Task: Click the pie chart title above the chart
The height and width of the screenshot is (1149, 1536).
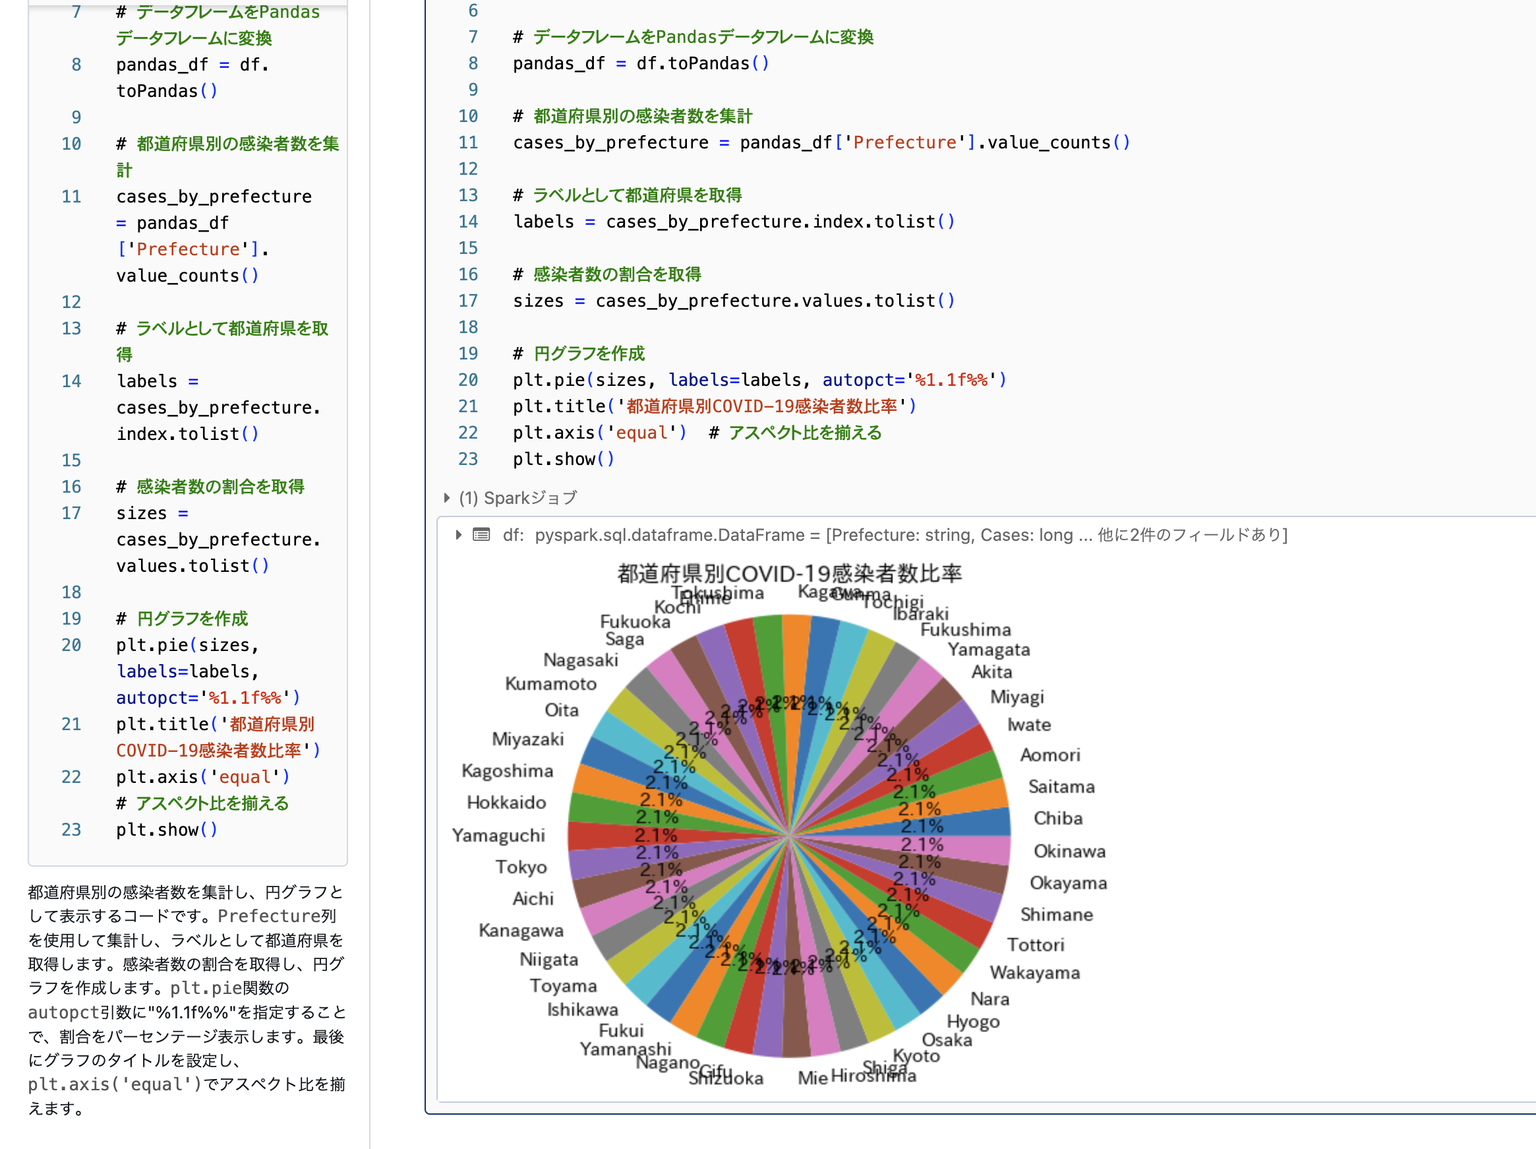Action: tap(790, 574)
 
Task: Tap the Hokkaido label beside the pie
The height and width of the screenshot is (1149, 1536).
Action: tap(506, 802)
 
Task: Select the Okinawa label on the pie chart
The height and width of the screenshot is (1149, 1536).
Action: tap(1069, 851)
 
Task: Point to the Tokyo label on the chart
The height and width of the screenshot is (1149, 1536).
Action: tap(521, 867)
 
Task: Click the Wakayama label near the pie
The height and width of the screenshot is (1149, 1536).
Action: tap(1034, 972)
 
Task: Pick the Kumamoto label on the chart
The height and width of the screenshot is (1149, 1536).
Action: tap(550, 683)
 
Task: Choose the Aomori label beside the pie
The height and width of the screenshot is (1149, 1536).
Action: tap(1050, 755)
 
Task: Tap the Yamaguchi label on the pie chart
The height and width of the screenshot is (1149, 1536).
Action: tap(498, 835)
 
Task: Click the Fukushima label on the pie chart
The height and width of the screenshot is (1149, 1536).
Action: tap(965, 629)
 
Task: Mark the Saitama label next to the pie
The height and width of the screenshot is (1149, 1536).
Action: tap(1061, 786)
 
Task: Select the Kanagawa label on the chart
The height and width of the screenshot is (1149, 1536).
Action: tap(521, 930)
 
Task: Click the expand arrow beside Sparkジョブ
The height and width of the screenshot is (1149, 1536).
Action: tap(446, 498)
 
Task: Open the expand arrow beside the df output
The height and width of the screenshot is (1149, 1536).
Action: tap(458, 535)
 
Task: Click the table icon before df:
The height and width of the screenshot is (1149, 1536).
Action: tap(481, 535)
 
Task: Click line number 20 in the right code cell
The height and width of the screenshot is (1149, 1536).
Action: tap(468, 380)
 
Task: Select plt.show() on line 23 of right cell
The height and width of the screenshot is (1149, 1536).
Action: tap(563, 459)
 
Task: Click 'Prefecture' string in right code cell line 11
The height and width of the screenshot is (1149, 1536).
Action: tap(904, 142)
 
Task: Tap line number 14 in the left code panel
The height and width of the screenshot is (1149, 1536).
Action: tap(71, 381)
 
